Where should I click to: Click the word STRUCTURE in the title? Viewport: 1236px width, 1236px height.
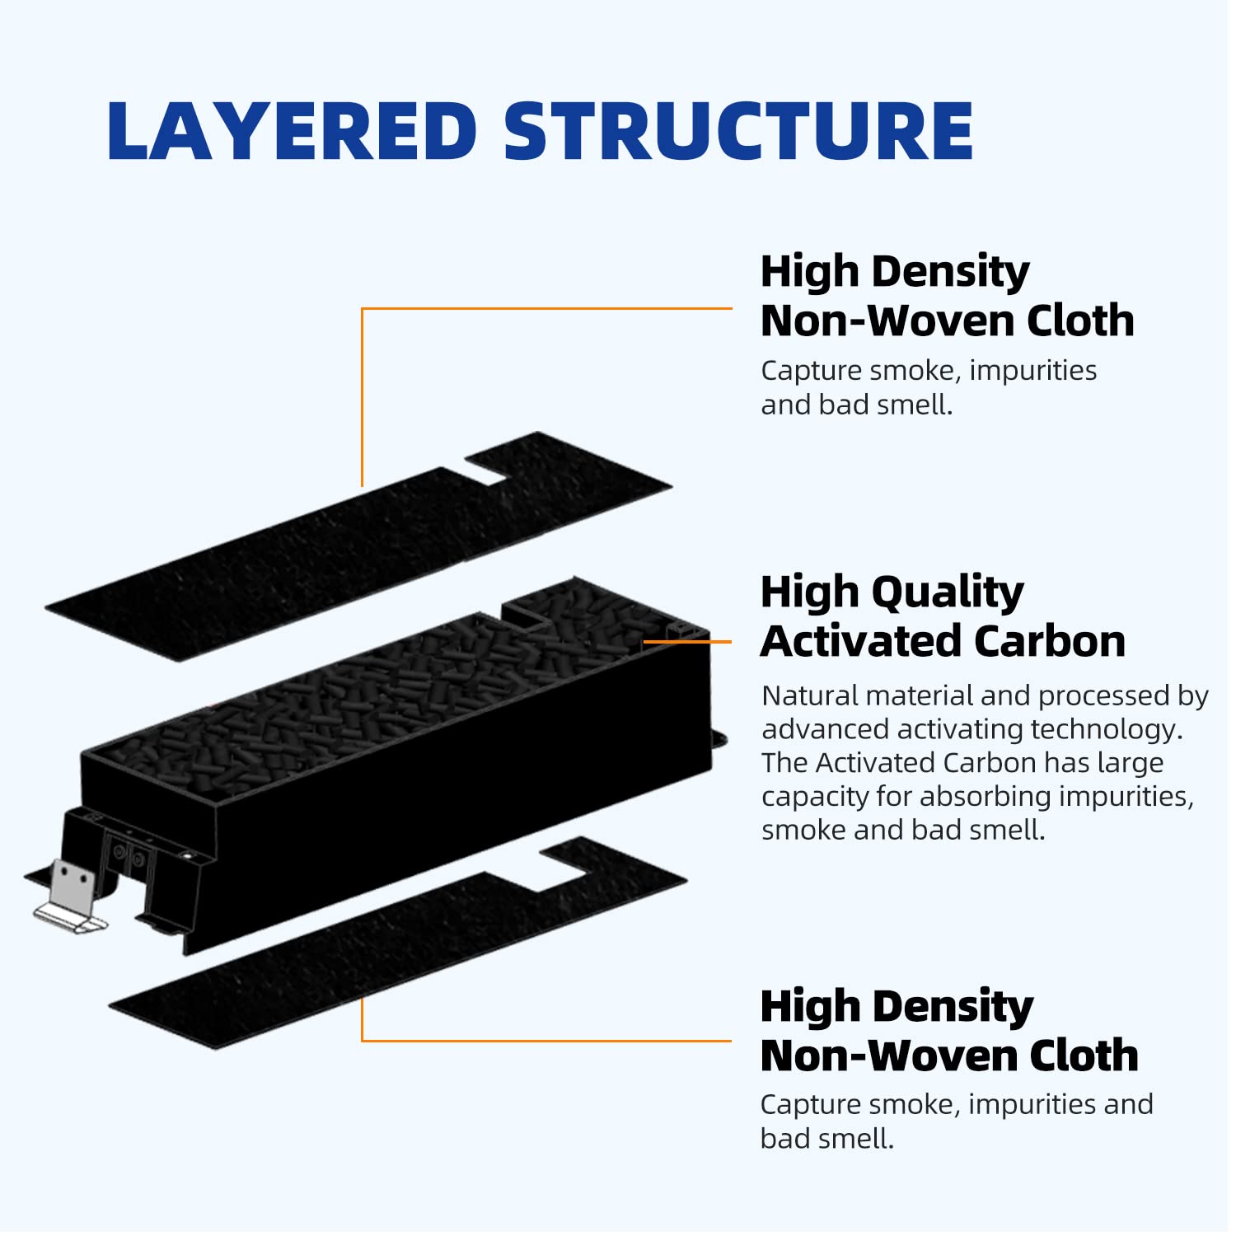pos(738,132)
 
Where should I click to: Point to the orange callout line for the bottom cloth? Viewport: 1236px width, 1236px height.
pos(544,1040)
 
